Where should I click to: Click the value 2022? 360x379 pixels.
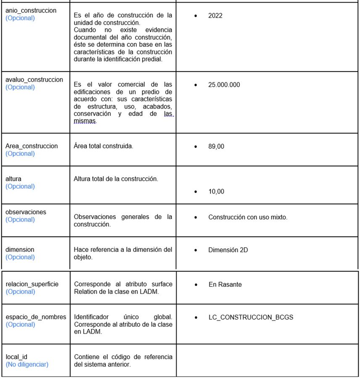[x=215, y=16]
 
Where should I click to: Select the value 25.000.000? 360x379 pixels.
[x=224, y=85]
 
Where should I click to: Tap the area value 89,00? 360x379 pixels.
[x=216, y=147]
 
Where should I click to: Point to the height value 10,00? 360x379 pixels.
[x=216, y=192]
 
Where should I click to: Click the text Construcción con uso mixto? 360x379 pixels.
[x=248, y=217]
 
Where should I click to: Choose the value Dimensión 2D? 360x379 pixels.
[x=228, y=250]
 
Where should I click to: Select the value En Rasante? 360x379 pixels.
[x=225, y=284]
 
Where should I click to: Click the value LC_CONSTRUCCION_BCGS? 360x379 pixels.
[x=251, y=317]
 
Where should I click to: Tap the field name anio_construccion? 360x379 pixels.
[x=31, y=10]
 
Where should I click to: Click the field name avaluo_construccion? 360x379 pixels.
[x=34, y=80]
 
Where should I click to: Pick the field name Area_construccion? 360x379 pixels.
[x=32, y=146]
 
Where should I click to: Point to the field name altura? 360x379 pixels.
[x=13, y=179]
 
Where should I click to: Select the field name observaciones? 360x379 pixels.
[x=26, y=212]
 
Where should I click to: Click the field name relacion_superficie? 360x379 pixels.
[x=32, y=284]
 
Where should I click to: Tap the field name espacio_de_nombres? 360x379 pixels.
[x=36, y=317]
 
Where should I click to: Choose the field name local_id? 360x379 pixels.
[x=16, y=357]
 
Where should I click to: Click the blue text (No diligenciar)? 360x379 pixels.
[x=27, y=364]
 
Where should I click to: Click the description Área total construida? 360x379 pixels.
[x=103, y=146]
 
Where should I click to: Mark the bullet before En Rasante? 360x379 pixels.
[x=196, y=285]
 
